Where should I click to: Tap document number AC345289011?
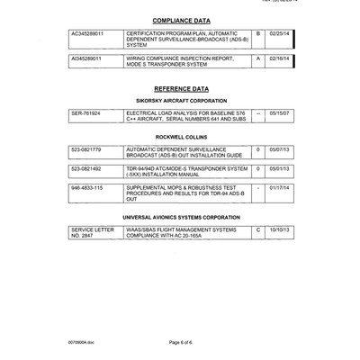[x=87, y=33]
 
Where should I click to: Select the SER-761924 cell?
[x=85, y=114]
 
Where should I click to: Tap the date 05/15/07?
[x=280, y=114]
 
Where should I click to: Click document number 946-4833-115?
[x=87, y=188]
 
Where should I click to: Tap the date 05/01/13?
[x=280, y=168]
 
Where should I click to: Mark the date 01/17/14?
[x=280, y=188]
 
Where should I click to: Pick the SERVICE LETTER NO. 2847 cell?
[x=93, y=232]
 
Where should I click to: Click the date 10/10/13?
[x=280, y=229]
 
